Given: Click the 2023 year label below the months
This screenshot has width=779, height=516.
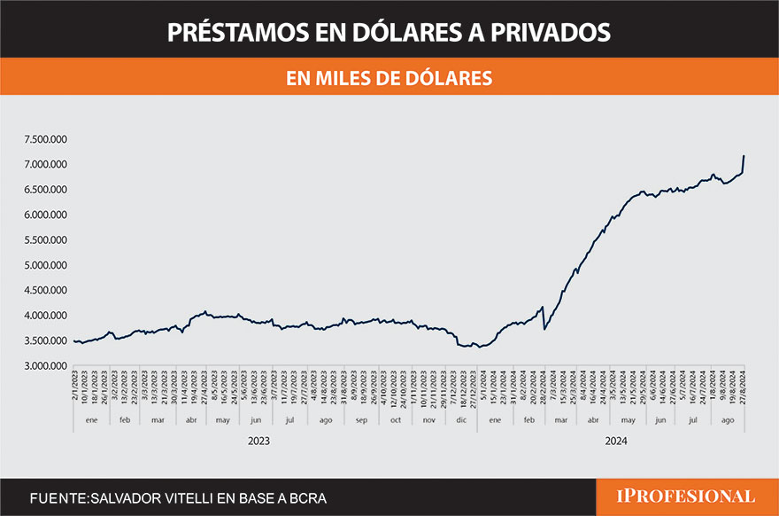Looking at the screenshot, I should pyautogui.click(x=258, y=441).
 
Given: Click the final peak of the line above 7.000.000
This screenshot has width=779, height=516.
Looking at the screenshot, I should pyautogui.click(x=744, y=156).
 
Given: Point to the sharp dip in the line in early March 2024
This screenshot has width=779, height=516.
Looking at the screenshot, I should pyautogui.click(x=544, y=329).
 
